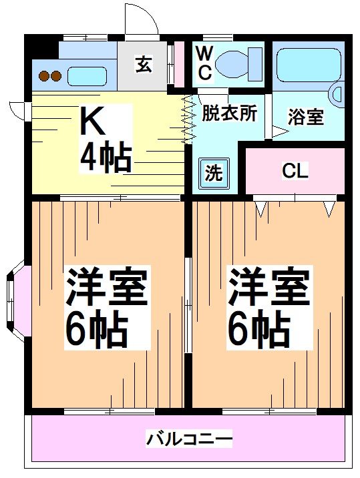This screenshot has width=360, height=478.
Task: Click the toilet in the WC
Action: (x=238, y=63)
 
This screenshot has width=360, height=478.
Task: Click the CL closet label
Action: (x=295, y=171)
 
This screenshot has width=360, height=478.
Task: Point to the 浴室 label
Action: (x=306, y=117)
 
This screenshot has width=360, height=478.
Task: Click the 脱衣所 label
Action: (x=229, y=113)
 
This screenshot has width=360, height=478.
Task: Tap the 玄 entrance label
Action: (x=144, y=65)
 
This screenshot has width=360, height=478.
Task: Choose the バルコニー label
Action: (x=189, y=439)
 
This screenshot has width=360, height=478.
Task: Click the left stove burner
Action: (x=44, y=76)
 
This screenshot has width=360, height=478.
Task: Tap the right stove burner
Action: (x=56, y=76)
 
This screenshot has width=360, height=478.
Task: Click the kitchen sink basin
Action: (x=88, y=75)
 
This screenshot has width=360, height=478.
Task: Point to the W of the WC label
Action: (x=204, y=52)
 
